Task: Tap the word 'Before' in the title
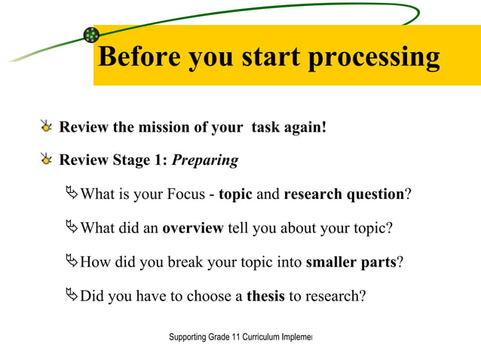pos(137,57)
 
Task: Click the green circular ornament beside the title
pos(91,35)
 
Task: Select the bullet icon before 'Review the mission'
pos(47,127)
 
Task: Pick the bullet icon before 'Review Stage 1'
pos(47,160)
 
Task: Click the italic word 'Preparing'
pos(205,160)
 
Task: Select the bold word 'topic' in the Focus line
pos(235,194)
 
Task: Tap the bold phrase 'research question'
pos(344,194)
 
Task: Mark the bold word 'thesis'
pos(265,296)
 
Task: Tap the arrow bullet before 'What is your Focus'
pos(72,194)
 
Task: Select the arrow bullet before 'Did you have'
pos(72,295)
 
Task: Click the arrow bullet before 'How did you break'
pos(72,261)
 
